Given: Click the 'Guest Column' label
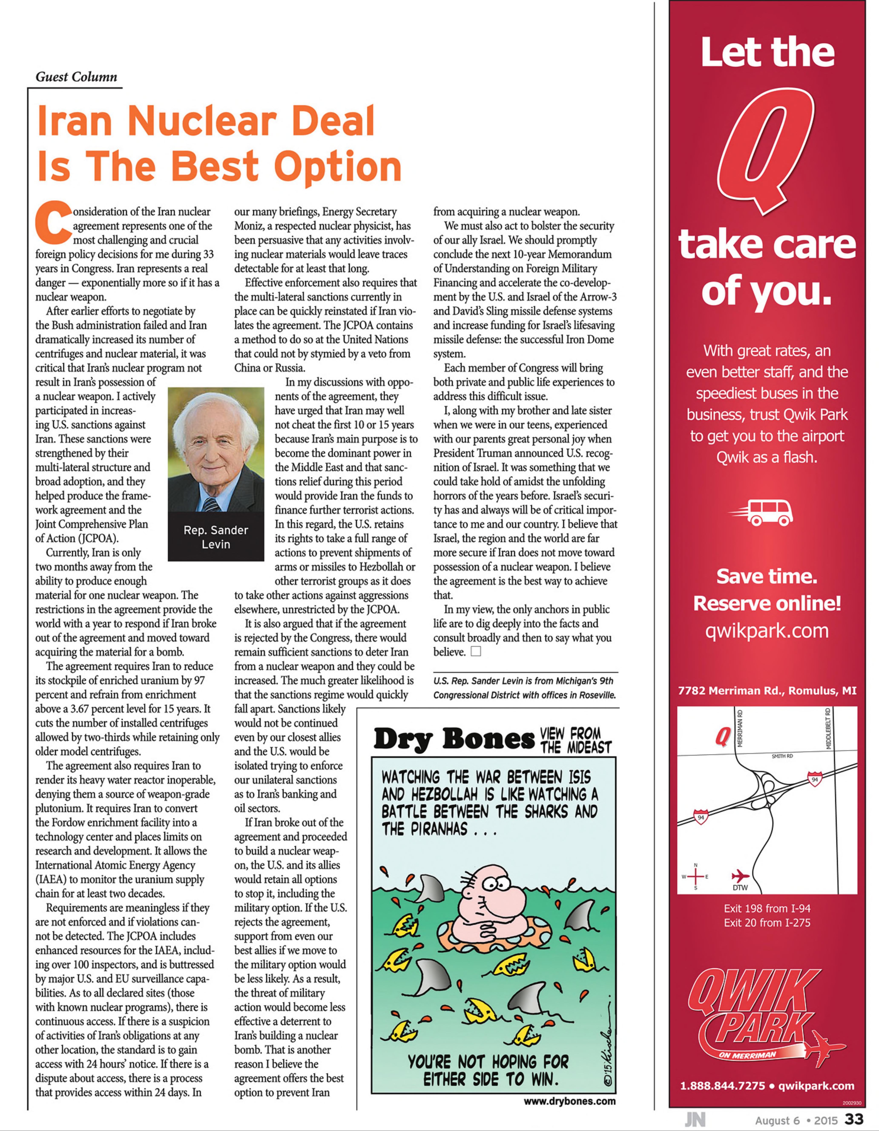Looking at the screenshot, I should pos(76,77).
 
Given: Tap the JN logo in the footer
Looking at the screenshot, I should pos(695,1120).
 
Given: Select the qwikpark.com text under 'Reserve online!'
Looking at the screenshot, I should pos(767,631).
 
